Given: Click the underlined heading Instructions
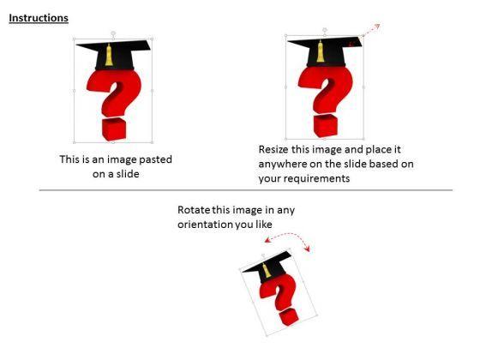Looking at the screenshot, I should [39, 18].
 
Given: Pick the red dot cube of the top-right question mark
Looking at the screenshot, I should [325, 125].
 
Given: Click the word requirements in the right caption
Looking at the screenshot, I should [326, 180].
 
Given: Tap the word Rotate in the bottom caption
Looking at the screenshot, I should [195, 211].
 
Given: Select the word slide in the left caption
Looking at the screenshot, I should [124, 174].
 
